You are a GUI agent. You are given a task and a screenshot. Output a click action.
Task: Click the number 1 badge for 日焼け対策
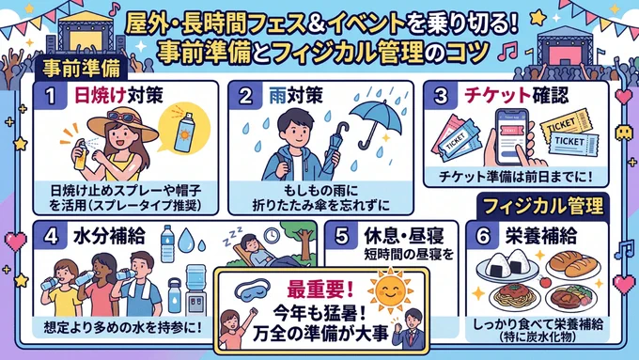[51, 96]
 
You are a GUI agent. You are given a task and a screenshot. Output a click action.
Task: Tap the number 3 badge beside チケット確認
[440, 96]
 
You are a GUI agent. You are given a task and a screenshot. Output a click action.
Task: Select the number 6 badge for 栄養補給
[483, 236]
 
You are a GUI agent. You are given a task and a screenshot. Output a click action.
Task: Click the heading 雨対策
[296, 96]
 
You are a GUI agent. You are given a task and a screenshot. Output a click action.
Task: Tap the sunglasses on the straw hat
[121, 117]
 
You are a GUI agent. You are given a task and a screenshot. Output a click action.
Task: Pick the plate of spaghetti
[515, 297]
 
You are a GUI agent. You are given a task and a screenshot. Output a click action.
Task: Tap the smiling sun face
[390, 290]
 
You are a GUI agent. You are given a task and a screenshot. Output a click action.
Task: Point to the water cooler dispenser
[196, 290]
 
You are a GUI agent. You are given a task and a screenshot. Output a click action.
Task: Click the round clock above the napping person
[271, 235]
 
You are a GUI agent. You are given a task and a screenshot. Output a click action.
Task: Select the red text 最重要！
[320, 290]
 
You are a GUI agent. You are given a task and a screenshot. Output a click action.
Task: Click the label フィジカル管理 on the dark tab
[543, 206]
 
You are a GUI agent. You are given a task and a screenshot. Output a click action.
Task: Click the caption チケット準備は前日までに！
[516, 177]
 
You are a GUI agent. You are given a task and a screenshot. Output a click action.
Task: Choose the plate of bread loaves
[573, 264]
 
